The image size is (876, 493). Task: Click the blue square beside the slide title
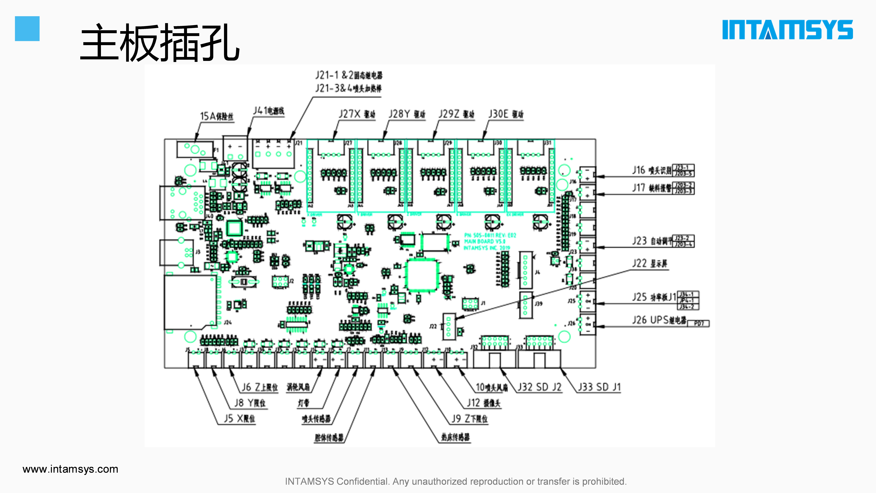[27, 29]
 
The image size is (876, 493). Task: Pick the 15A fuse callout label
[217, 116]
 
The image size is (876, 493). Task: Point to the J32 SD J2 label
[539, 387]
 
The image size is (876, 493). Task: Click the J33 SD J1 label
[599, 387]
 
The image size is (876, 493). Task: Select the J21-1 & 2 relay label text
[349, 75]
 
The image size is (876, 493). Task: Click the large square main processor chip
[422, 275]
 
